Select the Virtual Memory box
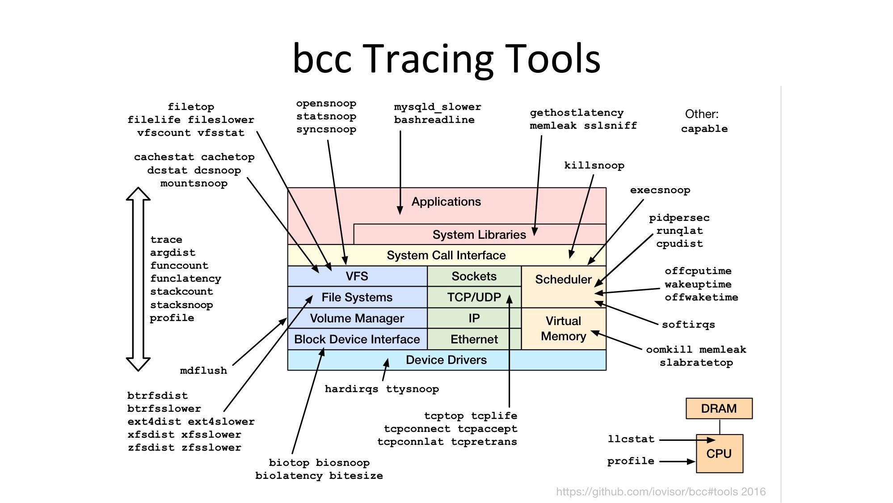(563, 329)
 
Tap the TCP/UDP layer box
(474, 297)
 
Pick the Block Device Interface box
(357, 339)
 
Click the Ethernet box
(474, 339)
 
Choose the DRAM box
(719, 409)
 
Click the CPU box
(719, 453)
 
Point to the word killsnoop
(594, 165)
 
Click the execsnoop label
(660, 190)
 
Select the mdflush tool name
(203, 371)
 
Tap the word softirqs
(688, 325)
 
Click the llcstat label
(631, 439)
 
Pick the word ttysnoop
(412, 389)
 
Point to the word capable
(704, 129)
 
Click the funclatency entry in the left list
(185, 279)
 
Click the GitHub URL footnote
(661, 492)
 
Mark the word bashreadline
(434, 120)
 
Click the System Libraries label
(479, 235)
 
